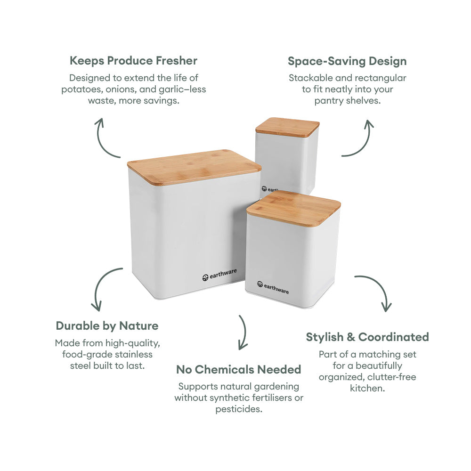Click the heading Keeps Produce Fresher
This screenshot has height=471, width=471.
133,61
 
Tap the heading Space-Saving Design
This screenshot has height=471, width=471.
347,61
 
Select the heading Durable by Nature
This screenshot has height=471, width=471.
107,326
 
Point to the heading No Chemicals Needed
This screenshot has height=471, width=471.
238,370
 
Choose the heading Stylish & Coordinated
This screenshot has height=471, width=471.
367,337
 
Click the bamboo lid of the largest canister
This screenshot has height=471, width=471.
194,166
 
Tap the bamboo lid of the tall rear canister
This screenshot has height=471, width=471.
287,127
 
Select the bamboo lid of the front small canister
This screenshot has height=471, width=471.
293,208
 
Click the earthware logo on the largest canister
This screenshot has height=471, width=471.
219,275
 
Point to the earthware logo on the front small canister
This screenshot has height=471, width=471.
273,287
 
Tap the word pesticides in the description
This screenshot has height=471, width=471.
238,409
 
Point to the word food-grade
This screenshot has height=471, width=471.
85,354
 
